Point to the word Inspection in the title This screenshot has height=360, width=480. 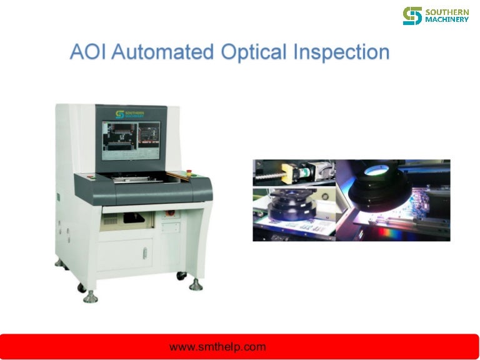pos(341,52)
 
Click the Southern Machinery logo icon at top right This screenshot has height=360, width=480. pos(412,16)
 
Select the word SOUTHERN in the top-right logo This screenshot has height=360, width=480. pos(446,11)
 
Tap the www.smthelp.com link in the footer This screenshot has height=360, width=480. pos(217,347)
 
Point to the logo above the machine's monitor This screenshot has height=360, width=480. pos(129,114)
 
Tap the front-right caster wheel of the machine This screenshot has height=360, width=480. pos(181,274)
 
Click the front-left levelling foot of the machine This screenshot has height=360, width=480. pos(91,295)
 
